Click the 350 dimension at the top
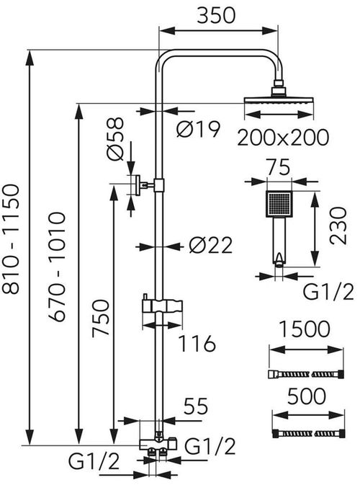pos(216,15)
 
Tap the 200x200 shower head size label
pos(283,137)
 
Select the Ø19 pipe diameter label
pos(199,129)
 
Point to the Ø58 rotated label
pos(115,139)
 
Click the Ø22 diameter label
pos(210,246)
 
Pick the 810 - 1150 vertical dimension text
pos(11,239)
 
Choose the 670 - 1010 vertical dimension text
pos(57,267)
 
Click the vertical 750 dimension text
pos(101,318)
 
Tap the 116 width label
pos(197,343)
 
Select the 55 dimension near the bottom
pos(196,406)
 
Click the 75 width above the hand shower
pos(279,167)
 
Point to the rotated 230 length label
pos(338,226)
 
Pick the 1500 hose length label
pos(305,329)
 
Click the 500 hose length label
pos(307,396)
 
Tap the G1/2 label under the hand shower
pos(328,292)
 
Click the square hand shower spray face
pos(279,204)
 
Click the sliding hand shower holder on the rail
pos(162,307)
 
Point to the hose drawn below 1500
pos(305,374)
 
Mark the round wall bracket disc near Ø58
pos(135,185)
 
